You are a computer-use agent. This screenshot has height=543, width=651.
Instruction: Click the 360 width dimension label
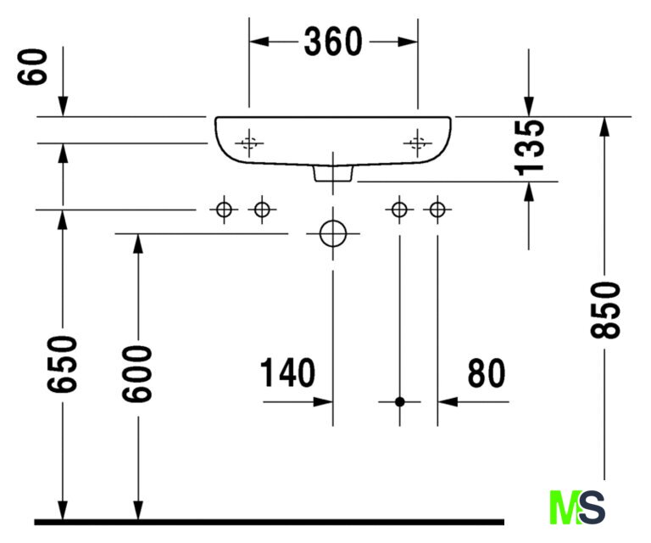click(333, 42)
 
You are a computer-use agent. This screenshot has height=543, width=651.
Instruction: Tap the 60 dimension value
click(32, 67)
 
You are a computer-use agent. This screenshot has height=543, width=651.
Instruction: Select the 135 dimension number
click(529, 148)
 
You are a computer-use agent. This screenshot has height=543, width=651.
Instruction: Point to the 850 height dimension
click(605, 310)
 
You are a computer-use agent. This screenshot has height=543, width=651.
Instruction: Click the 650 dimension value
click(62, 364)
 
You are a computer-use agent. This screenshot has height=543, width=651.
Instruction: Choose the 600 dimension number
click(137, 374)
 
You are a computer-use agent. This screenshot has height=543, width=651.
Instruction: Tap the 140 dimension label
click(287, 372)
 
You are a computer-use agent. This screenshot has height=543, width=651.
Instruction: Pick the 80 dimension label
click(487, 373)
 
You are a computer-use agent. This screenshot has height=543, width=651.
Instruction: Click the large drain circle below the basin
click(333, 233)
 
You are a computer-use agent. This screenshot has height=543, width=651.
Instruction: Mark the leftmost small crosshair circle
click(224, 210)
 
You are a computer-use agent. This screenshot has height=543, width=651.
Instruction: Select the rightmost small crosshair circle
click(437, 210)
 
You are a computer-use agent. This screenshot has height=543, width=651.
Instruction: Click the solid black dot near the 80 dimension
click(400, 402)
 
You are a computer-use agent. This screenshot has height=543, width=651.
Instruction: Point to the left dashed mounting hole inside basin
click(249, 143)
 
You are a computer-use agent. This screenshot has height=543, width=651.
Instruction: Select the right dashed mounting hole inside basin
click(418, 143)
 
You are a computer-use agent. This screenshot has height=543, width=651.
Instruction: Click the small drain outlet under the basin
click(333, 173)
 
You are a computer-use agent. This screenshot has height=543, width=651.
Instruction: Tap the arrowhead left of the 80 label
click(448, 402)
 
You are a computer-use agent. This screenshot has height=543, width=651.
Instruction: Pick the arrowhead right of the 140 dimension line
click(323, 402)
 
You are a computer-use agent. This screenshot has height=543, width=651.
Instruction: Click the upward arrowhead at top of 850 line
click(604, 126)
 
